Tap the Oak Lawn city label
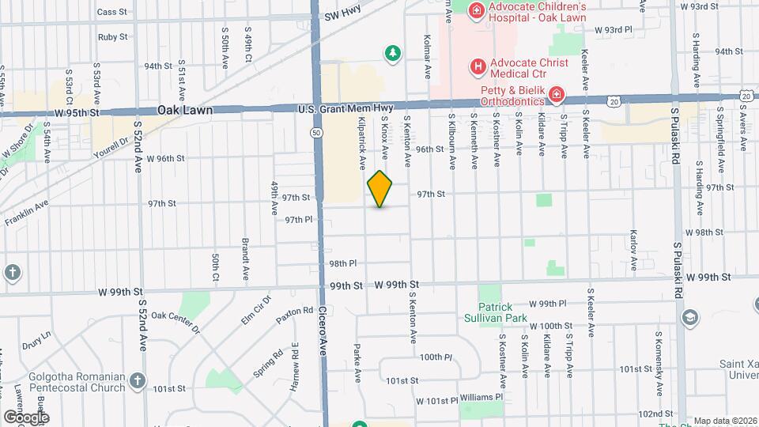click(184, 111)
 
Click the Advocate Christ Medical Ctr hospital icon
click(478, 66)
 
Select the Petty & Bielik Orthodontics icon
click(557, 96)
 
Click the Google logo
click(26, 417)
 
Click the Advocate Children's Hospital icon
click(476, 10)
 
